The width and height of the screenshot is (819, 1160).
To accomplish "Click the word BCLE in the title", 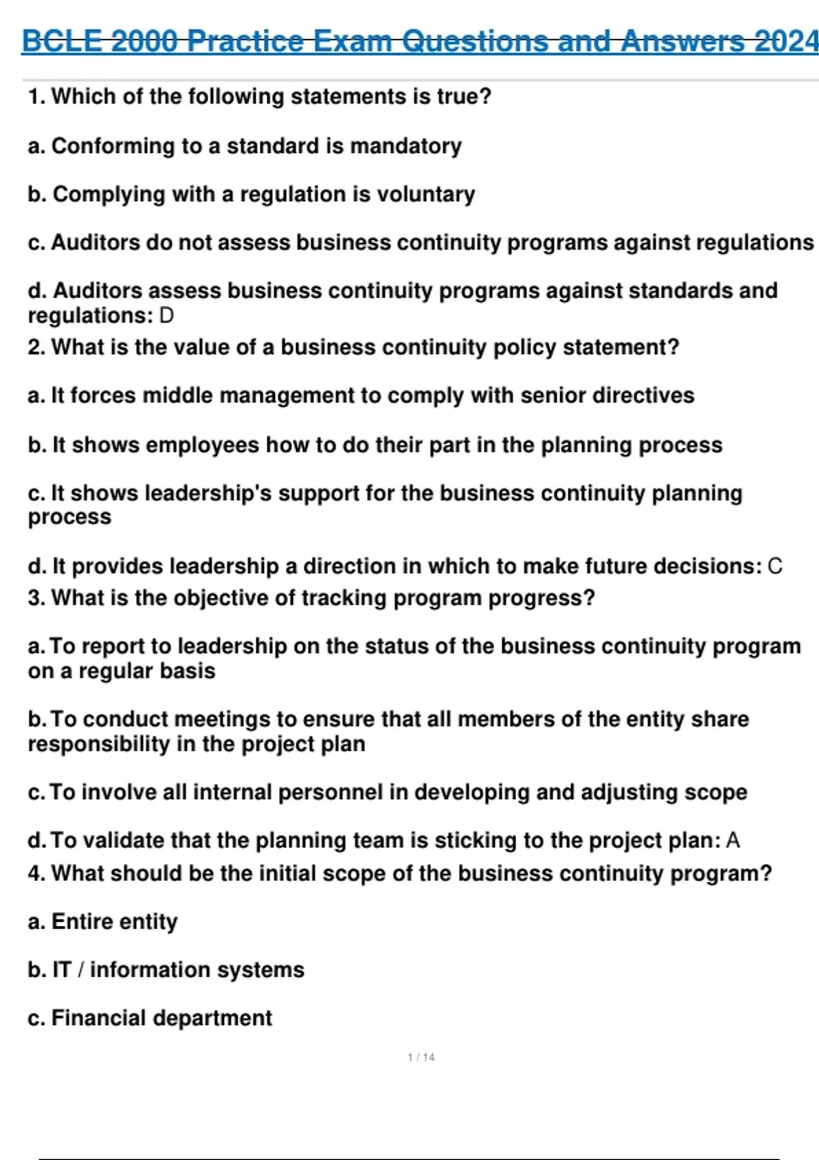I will [63, 42].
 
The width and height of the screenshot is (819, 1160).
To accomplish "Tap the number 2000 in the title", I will [145, 42].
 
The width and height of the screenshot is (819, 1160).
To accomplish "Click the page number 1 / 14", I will [421, 1057].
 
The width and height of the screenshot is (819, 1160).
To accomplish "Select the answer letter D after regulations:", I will [167, 316].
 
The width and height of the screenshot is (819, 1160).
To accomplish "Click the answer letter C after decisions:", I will [775, 566].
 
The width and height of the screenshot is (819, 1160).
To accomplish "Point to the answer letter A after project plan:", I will [733, 840].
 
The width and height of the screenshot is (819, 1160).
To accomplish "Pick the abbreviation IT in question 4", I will [61, 970].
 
